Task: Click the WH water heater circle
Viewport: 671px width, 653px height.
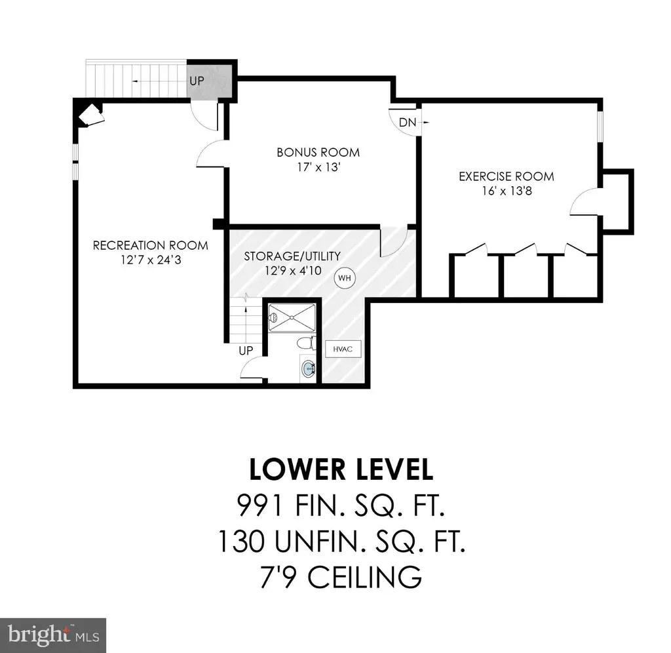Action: pos(345,278)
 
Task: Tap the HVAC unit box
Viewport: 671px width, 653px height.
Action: pos(343,349)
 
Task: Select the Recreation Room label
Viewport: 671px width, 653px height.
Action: pos(151,245)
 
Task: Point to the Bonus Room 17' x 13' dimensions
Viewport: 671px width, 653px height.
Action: pos(318,167)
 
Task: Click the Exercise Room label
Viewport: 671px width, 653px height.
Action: pos(507,176)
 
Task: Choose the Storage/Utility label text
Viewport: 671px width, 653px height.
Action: pos(292,256)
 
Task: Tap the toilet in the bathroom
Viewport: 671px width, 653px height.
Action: pos(307,343)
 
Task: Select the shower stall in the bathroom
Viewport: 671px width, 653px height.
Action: pos(292,317)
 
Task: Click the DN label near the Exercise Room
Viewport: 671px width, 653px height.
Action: pos(408,123)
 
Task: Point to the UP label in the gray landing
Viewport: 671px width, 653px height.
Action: pos(197,81)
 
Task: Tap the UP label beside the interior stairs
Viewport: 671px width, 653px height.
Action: pos(246,351)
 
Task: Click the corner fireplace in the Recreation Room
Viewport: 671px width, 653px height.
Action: pos(90,115)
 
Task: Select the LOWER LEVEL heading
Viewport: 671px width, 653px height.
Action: pos(341,469)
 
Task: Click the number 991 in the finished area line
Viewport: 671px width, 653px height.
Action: pos(259,505)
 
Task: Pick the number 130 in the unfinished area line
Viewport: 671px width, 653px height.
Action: pos(241,542)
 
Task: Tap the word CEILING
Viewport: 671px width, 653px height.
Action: pos(364,577)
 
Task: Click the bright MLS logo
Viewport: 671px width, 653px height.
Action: pos(53,635)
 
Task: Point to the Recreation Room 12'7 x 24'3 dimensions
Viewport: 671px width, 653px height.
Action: pos(151,260)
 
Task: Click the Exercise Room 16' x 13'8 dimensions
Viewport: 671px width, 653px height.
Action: pos(507,191)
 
